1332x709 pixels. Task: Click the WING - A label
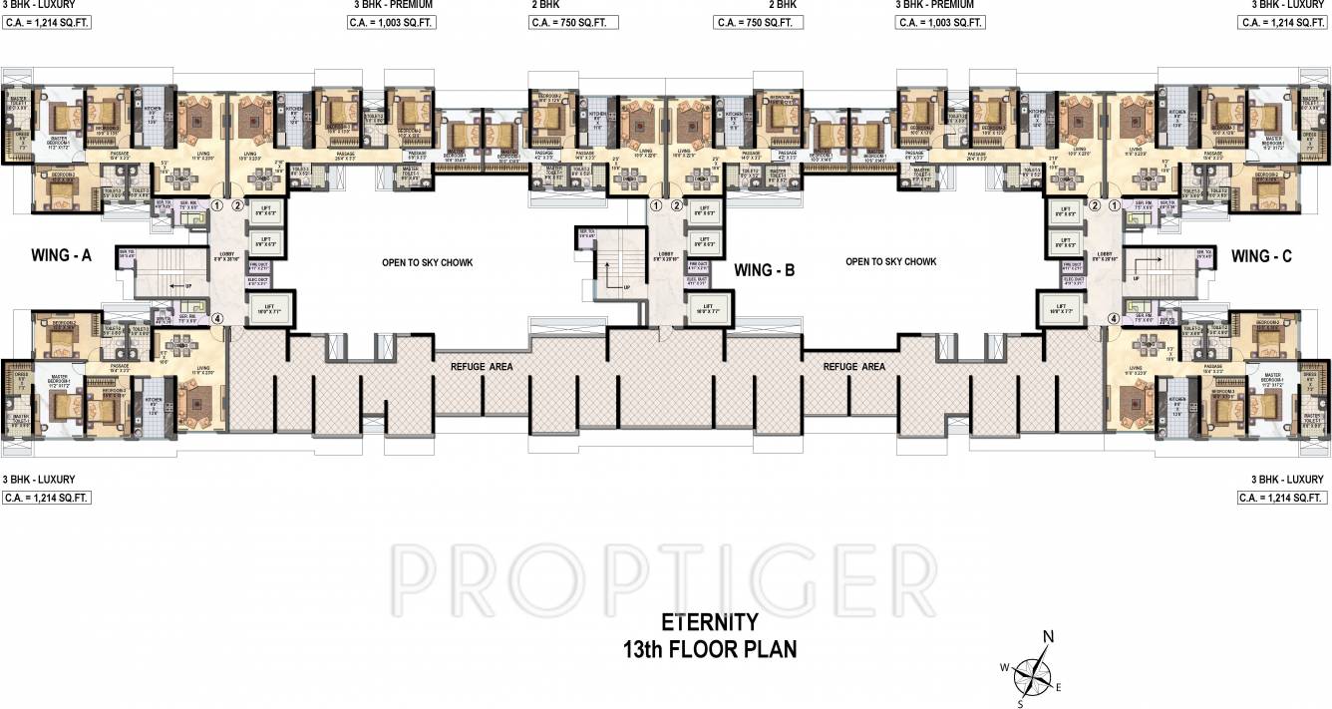[61, 256]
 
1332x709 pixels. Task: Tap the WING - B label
[765, 269]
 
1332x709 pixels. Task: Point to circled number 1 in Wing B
[656, 206]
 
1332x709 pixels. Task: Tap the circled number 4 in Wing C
[1114, 320]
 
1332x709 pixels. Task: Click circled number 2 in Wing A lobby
[237, 206]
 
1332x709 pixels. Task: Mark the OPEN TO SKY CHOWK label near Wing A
[427, 263]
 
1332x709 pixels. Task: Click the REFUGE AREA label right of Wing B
[853, 367]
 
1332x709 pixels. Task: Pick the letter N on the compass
[1048, 637]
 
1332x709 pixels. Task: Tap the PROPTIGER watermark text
[666, 570]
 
